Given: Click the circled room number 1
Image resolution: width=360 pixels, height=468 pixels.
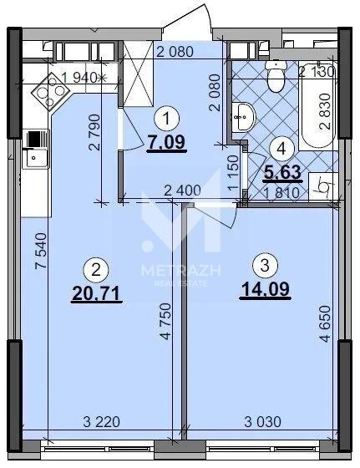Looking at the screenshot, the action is [167, 119].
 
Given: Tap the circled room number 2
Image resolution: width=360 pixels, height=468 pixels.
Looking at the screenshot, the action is [96, 271].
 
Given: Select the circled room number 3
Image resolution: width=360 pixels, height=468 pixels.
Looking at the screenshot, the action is [265, 266].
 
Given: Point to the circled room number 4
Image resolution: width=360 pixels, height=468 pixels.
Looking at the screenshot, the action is [281, 149].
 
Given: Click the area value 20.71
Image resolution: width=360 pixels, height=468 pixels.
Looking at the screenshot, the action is [96, 293].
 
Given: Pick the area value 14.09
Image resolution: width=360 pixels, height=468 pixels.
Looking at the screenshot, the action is [266, 289].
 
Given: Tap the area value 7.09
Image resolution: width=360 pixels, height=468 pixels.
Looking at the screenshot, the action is [167, 142].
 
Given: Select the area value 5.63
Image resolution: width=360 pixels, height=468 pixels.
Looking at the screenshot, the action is [283, 172].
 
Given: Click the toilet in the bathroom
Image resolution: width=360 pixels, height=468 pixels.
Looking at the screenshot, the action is [276, 75].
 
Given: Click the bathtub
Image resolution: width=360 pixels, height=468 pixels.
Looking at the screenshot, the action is [318, 105].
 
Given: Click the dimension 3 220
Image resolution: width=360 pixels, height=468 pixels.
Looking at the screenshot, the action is [101, 422].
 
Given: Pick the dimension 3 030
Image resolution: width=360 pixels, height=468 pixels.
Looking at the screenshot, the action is [262, 422].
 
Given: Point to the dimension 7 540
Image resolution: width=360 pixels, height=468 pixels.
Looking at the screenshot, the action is [41, 251].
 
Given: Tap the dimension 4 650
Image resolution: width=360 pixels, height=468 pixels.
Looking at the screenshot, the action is [325, 323].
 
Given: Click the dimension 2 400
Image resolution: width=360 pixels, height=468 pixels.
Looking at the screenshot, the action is [182, 191].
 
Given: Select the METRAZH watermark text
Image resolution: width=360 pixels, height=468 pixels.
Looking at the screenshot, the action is [181, 271].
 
